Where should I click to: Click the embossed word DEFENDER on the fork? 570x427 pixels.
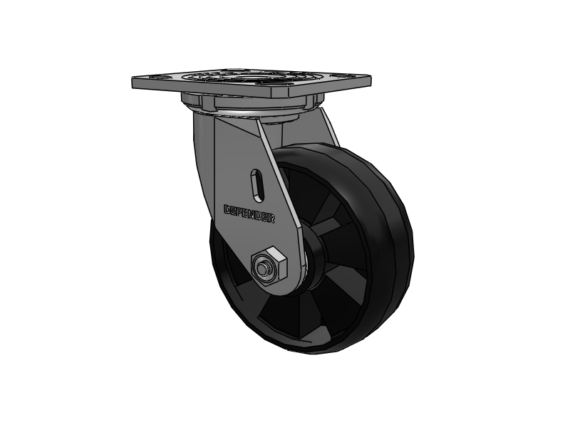(x=249, y=213)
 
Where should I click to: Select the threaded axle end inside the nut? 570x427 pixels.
(x=265, y=268)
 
